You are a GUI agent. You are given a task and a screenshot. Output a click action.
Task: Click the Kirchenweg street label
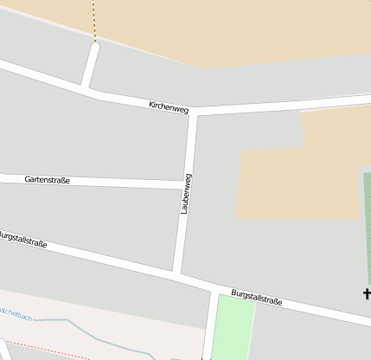click(168, 107)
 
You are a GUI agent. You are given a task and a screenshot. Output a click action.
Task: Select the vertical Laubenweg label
click(186, 194)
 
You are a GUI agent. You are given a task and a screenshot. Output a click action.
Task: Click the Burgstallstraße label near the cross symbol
click(256, 297)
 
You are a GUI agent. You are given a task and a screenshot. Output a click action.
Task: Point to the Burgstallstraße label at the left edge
click(22, 240)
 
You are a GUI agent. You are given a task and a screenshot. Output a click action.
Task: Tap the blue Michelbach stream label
click(15, 313)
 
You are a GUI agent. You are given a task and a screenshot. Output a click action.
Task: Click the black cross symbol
click(367, 294)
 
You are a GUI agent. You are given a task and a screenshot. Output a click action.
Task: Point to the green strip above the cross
click(367, 225)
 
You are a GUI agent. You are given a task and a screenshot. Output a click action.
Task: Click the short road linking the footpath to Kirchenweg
click(90, 65)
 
